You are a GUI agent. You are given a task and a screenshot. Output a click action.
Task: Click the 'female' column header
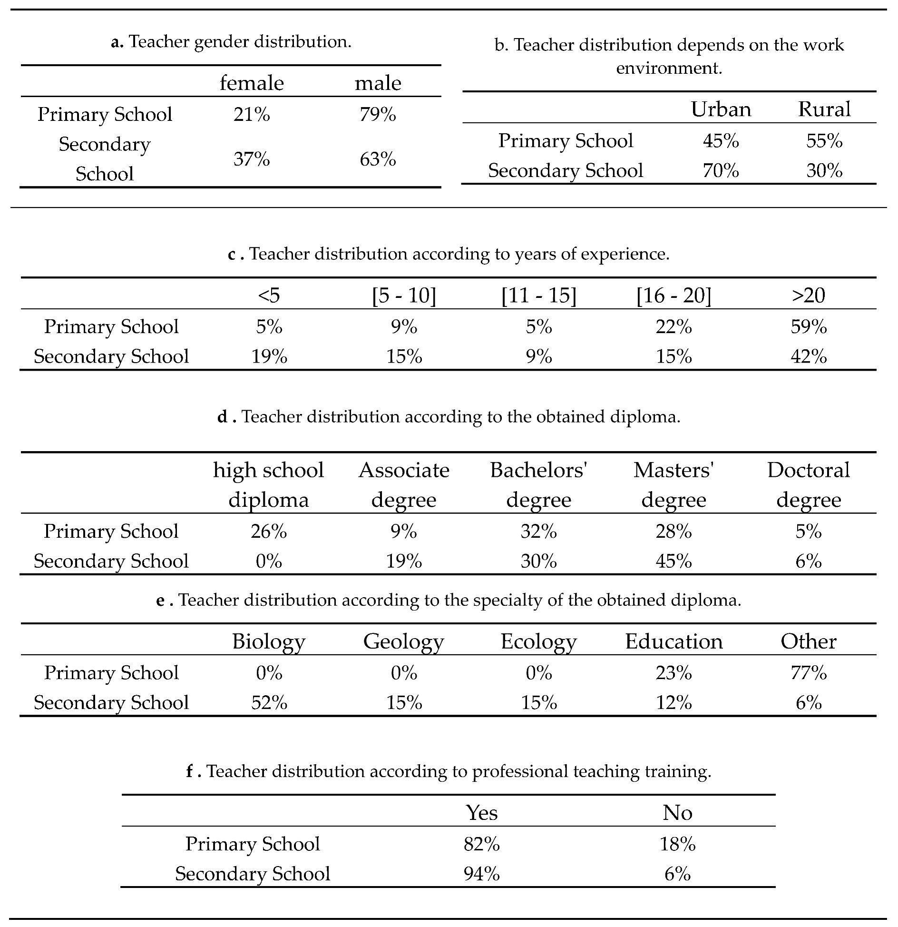pos(252,83)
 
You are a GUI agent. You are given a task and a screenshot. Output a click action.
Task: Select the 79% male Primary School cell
pos(378,115)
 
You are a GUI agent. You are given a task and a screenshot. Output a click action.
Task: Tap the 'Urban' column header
pos(721,109)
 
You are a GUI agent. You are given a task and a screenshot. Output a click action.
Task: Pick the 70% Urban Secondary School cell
pos(721,171)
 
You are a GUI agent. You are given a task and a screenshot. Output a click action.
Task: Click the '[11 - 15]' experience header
pos(539,296)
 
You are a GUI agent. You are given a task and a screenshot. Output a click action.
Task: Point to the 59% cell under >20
pos(809,327)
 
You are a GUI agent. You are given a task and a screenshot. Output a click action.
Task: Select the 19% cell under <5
pos(269,356)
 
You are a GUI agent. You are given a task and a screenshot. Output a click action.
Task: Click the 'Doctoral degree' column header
pos(809,484)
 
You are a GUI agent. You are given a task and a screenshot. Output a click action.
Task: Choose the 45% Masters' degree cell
pos(673,561)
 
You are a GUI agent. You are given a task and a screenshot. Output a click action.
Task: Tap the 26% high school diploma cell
pos(269,532)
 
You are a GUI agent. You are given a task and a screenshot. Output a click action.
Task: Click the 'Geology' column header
pos(403,641)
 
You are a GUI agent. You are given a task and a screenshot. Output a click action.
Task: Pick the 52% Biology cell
pos(269,703)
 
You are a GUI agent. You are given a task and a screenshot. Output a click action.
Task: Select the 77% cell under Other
pos(809,673)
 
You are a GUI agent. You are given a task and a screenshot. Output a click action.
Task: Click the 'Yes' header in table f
pos(482,813)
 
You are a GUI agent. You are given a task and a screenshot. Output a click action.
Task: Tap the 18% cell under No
pos(677,844)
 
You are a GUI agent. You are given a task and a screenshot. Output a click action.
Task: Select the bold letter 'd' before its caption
pos(222,417)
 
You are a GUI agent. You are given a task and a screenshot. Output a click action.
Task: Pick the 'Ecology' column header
pos(538,641)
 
